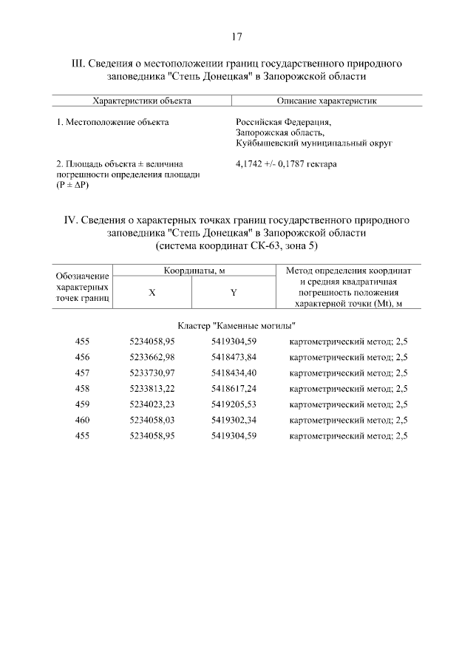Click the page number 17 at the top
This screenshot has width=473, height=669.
pos(236,36)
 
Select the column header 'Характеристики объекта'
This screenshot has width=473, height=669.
pos(142,101)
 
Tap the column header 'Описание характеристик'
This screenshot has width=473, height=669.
pos(326,101)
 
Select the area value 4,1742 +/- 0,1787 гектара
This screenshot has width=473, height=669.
pos(286,163)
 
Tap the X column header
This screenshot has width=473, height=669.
pos(152,292)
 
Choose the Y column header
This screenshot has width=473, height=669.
pos(234,292)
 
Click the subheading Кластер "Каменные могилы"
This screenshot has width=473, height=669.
pos(237,325)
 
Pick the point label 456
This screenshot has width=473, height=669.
pos(82,357)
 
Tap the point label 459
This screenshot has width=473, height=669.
pos(82,404)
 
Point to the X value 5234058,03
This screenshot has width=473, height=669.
pos(152,419)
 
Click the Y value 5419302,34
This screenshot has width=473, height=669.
pos(234,419)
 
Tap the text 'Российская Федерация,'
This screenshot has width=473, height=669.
pos(283,122)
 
